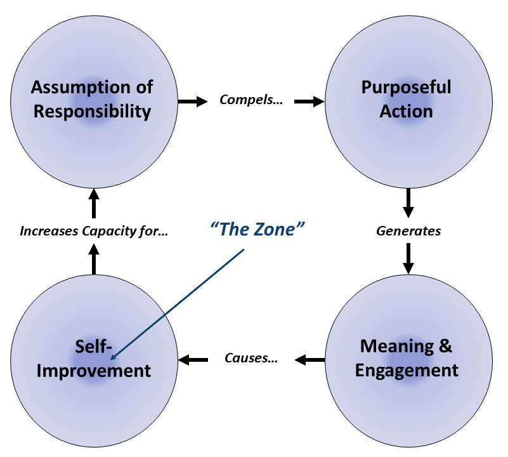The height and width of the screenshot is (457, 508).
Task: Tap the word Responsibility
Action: [x=93, y=112]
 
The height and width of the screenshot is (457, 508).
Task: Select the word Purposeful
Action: [x=407, y=87]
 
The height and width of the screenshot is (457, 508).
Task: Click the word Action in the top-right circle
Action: [x=407, y=112]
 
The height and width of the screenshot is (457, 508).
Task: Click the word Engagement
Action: [x=407, y=370]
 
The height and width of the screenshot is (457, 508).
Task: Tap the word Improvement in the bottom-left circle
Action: [x=93, y=370]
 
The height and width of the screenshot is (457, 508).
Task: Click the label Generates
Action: [x=408, y=231]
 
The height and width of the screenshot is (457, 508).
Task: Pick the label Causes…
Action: [x=251, y=359]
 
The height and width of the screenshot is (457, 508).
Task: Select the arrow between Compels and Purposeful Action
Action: [x=309, y=100]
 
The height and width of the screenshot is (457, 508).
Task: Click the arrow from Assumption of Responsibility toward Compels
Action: [x=193, y=100]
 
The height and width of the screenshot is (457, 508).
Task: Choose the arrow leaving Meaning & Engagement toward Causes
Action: [x=309, y=360]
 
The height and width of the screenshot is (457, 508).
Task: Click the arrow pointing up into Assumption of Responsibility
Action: [x=94, y=202]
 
